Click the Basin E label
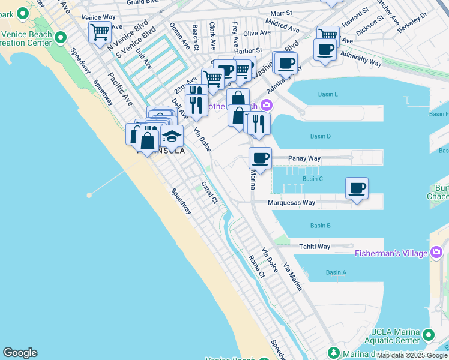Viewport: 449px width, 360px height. point(328,94)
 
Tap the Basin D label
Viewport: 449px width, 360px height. point(321,136)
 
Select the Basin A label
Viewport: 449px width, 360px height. point(336,272)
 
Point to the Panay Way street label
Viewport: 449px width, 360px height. point(304,158)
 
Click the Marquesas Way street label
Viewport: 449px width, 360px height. point(292,203)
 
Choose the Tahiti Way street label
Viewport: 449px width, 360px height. point(315,247)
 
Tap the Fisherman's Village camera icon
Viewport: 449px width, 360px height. point(436,253)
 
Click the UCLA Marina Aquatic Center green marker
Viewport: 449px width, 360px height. point(429,334)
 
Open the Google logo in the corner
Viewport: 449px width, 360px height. point(20,353)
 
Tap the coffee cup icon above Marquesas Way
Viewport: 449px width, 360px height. point(357,188)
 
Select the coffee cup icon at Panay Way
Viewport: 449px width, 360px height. point(261,158)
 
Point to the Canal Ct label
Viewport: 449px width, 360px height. point(209,192)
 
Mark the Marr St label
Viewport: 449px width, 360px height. point(281,13)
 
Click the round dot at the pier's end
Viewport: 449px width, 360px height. point(89,195)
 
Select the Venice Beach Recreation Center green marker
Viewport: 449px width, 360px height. point(61,38)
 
